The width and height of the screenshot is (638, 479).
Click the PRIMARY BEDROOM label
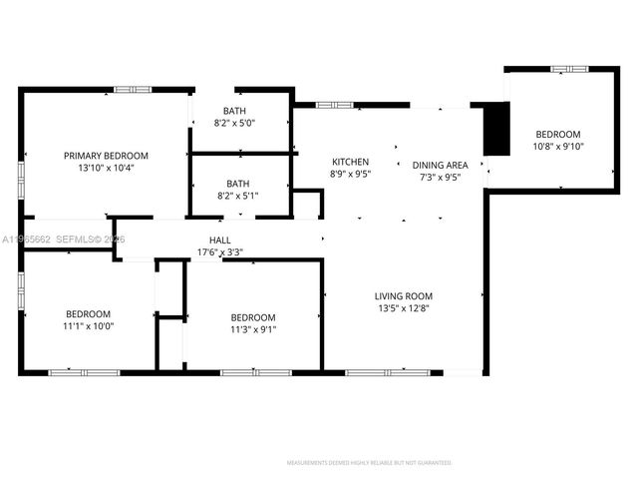[106, 156]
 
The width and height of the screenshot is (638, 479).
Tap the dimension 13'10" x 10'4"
[106, 168]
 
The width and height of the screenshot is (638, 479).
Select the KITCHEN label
[350, 162]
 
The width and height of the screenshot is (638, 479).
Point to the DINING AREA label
[440, 165]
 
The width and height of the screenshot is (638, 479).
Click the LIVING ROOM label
[403, 295]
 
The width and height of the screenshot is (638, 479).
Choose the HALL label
[219, 239]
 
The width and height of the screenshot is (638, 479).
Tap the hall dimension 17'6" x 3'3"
[219, 251]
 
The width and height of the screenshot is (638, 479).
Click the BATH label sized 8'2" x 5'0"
[235, 111]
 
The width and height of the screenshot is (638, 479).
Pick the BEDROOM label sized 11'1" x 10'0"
[89, 313]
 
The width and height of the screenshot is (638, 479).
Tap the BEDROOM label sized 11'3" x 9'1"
[253, 317]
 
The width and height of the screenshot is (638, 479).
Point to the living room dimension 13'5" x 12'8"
[403, 308]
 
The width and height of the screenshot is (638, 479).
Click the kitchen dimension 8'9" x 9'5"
[350, 174]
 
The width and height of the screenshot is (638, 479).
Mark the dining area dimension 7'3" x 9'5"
[440, 177]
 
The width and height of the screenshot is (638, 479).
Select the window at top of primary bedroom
[131, 90]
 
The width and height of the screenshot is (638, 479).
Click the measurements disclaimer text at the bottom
[369, 463]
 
